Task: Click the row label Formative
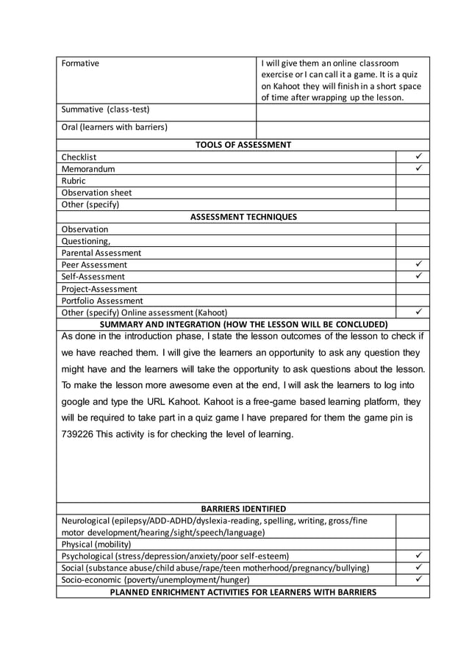point(80,63)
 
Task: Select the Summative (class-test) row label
point(98,110)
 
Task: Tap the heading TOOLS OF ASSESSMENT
point(243,145)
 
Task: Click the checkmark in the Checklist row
point(417,157)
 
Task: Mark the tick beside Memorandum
point(417,168)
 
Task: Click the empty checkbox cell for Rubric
point(412,181)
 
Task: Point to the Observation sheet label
point(96,193)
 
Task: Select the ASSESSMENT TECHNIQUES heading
point(243,217)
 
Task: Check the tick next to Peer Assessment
point(417,264)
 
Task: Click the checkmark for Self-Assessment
point(417,276)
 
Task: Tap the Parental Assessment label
point(101,253)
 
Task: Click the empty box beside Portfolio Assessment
point(412,301)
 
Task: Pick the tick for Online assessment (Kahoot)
point(417,312)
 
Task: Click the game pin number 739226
point(79,434)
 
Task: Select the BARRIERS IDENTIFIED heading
point(243,509)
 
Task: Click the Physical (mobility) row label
point(96,545)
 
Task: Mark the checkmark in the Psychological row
point(417,556)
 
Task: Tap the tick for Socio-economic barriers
point(417,580)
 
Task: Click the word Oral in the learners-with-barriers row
point(70,127)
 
